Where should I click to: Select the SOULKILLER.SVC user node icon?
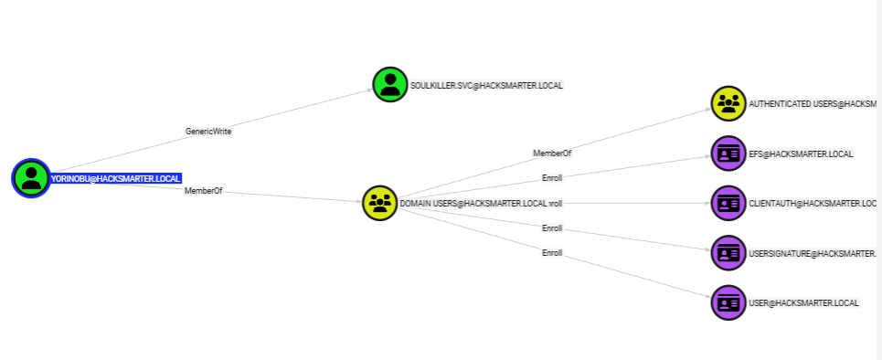pos(390,85)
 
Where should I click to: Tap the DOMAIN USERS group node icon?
pos(379,203)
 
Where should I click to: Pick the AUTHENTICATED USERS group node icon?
pos(728,103)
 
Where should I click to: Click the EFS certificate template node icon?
pos(728,154)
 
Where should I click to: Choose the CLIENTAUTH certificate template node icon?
pos(728,203)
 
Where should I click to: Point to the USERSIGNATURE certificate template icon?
pos(728,252)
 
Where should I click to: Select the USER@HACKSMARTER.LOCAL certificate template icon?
pos(728,302)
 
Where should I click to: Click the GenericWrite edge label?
pos(208,132)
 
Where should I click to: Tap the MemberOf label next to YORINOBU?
pos(203,191)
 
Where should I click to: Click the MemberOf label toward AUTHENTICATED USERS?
pos(552,153)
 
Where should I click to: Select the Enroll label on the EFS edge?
pos(552,177)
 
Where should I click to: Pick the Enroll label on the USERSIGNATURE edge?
pos(552,228)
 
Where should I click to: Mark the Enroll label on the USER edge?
pos(552,252)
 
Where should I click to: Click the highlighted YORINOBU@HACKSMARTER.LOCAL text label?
pos(116,178)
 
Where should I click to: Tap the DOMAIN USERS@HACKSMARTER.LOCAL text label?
pos(473,203)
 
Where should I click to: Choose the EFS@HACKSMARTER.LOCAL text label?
pos(801,154)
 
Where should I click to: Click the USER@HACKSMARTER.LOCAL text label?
pos(803,302)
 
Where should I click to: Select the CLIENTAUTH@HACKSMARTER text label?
pos(812,203)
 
